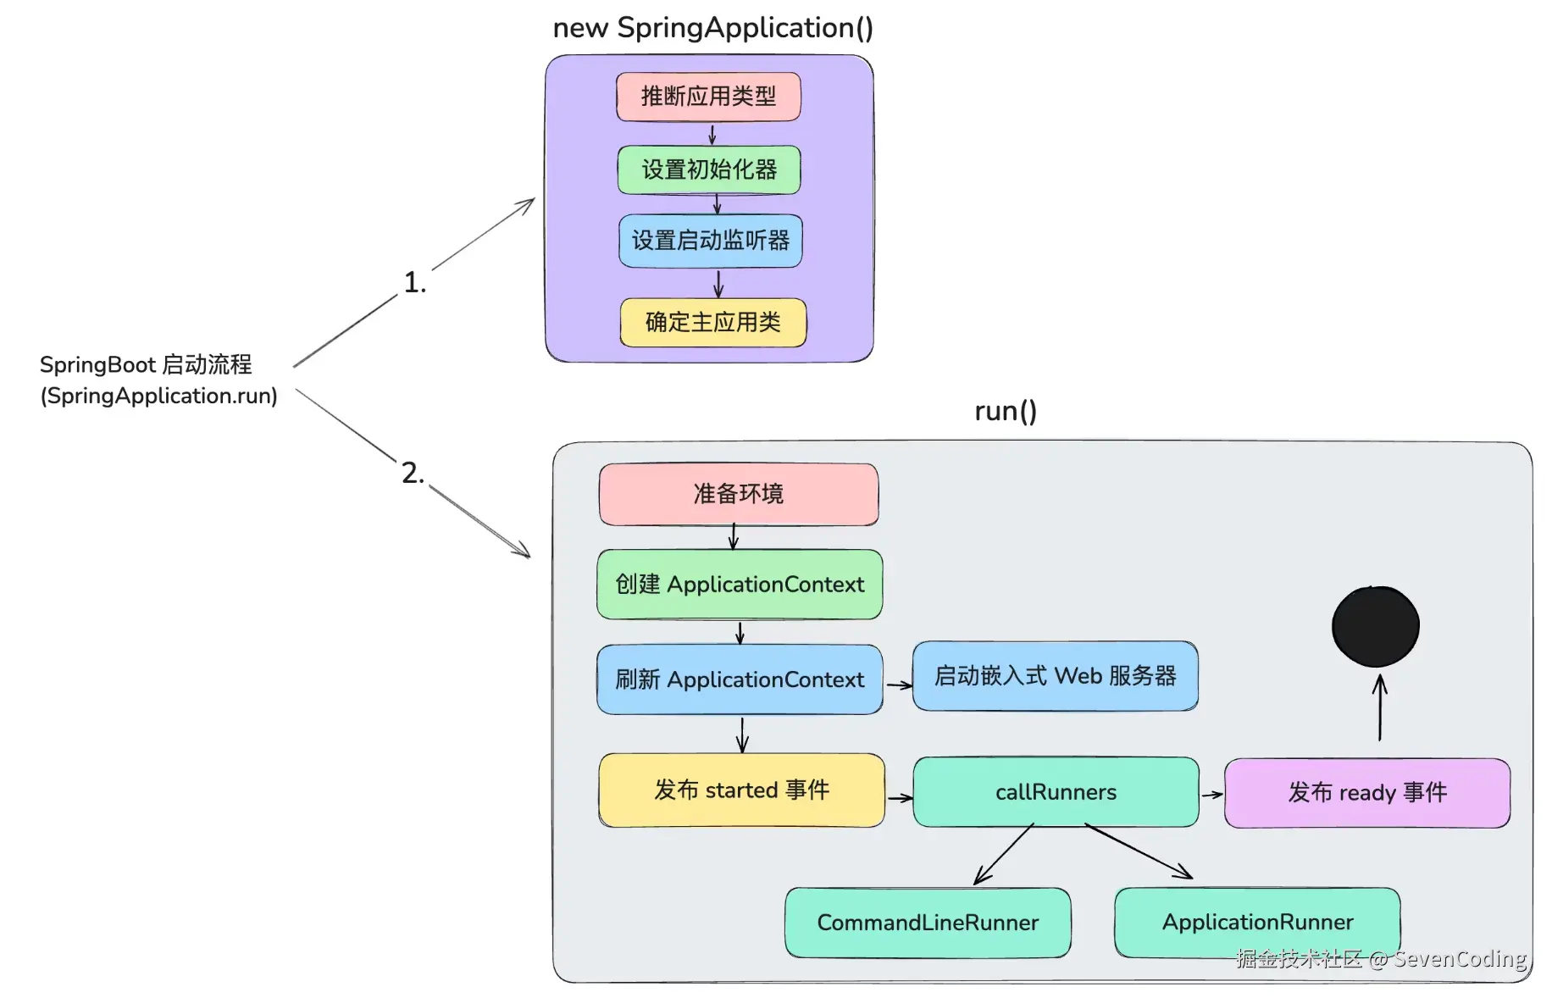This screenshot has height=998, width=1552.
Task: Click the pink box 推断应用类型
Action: [x=708, y=97]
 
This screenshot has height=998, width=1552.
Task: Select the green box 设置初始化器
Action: [x=709, y=169]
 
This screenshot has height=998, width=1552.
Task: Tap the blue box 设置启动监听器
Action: [x=710, y=241]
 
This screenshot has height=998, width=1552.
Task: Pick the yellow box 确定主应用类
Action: [x=712, y=322]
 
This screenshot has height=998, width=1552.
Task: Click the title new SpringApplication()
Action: [x=712, y=28]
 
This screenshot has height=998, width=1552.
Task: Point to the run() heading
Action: [x=1005, y=411]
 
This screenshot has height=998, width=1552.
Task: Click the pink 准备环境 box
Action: [x=738, y=494]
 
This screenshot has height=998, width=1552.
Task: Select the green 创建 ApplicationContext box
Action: [x=740, y=585]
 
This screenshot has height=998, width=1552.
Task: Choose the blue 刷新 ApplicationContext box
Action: [x=740, y=679]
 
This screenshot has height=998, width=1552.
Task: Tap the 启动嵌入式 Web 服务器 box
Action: [x=1055, y=676]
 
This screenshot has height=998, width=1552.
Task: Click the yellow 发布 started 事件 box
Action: [x=741, y=790]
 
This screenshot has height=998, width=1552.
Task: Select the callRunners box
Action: [x=1056, y=792]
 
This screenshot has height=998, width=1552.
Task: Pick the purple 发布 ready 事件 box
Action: [x=1366, y=793]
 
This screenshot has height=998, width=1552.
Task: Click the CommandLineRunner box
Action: [x=928, y=923]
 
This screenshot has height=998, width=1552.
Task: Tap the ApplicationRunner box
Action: [x=1257, y=922]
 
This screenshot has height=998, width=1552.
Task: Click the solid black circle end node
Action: [x=1375, y=626]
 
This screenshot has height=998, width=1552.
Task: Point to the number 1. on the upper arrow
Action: [x=414, y=283]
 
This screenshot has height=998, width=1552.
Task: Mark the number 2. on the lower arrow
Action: [x=413, y=473]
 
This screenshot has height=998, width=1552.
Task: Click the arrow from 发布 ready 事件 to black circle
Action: [x=1380, y=708]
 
